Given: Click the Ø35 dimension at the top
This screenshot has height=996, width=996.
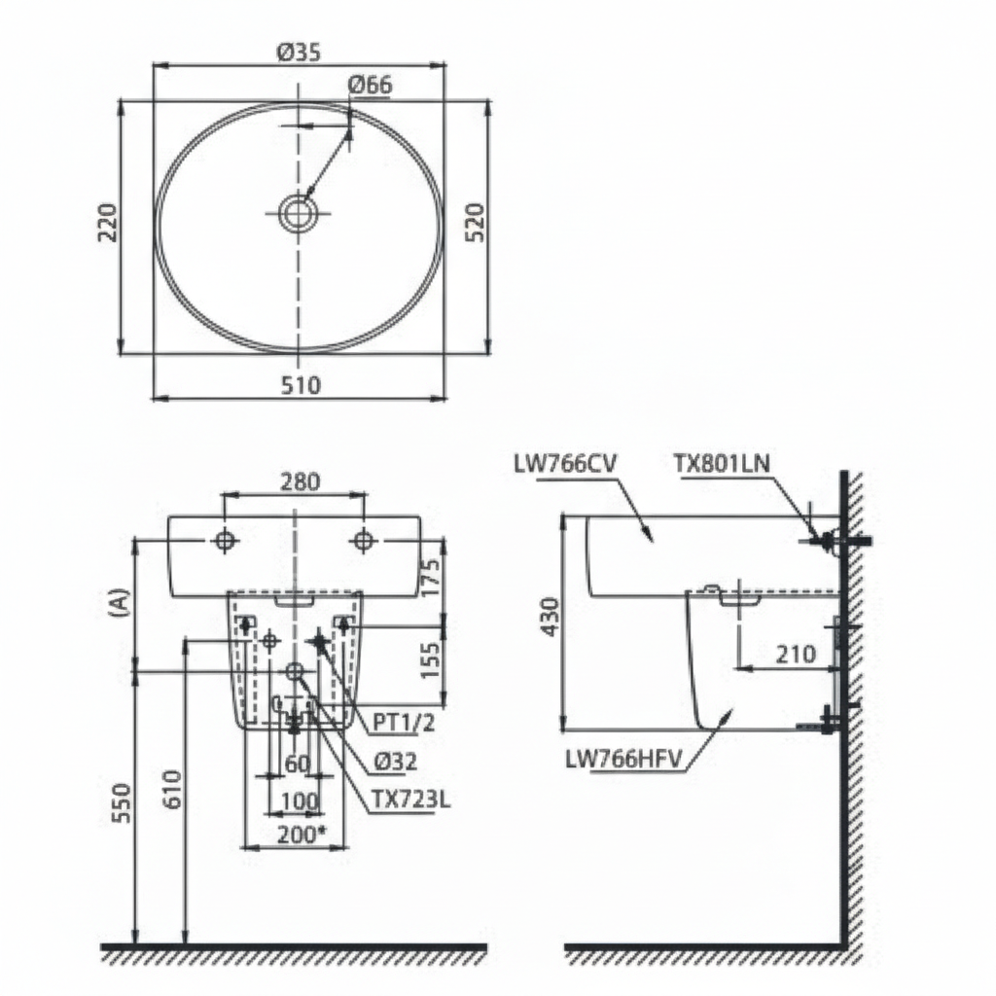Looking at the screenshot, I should pyautogui.click(x=300, y=53).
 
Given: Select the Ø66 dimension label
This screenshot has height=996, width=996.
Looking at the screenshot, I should pyautogui.click(x=369, y=85).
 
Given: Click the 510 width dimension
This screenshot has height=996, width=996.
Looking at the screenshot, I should pyautogui.click(x=300, y=385).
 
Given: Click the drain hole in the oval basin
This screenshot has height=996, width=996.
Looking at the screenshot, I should pyautogui.click(x=297, y=213).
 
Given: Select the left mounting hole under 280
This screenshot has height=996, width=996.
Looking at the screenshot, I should pyautogui.click(x=225, y=540).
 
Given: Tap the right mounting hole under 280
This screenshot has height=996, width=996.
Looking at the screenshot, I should pyautogui.click(x=363, y=540).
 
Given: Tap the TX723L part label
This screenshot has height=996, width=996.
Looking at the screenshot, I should pyautogui.click(x=410, y=800).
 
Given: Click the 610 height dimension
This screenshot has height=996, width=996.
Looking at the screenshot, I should pyautogui.click(x=171, y=790).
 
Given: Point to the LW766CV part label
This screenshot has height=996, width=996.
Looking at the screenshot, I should pyautogui.click(x=565, y=464).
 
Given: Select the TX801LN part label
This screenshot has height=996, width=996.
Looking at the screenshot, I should pyautogui.click(x=721, y=463).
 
